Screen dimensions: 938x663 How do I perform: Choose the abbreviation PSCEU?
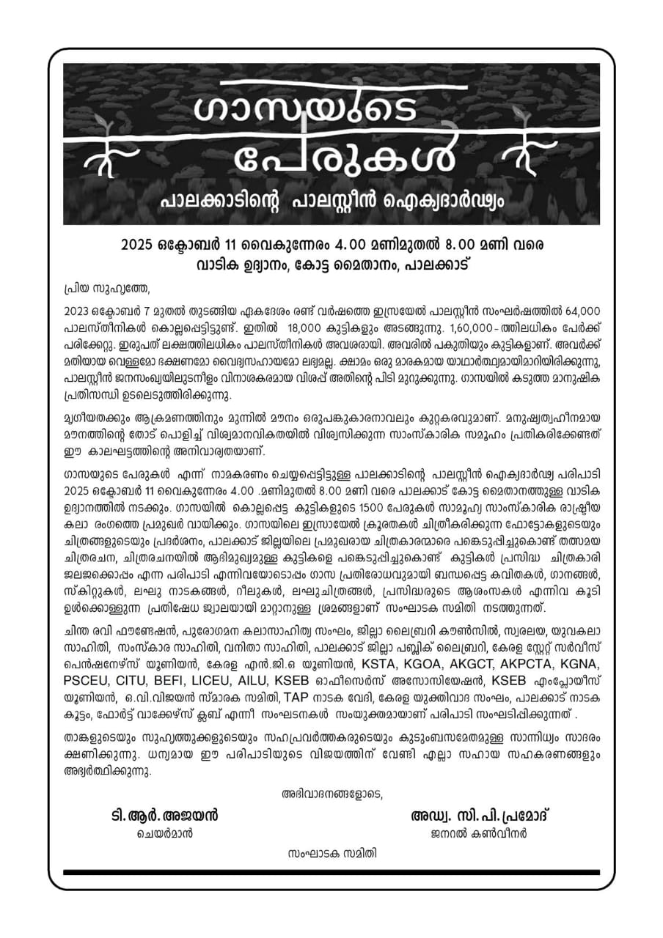click(x=89, y=680)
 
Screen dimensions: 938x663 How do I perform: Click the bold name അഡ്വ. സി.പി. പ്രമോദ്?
click(x=480, y=815)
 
